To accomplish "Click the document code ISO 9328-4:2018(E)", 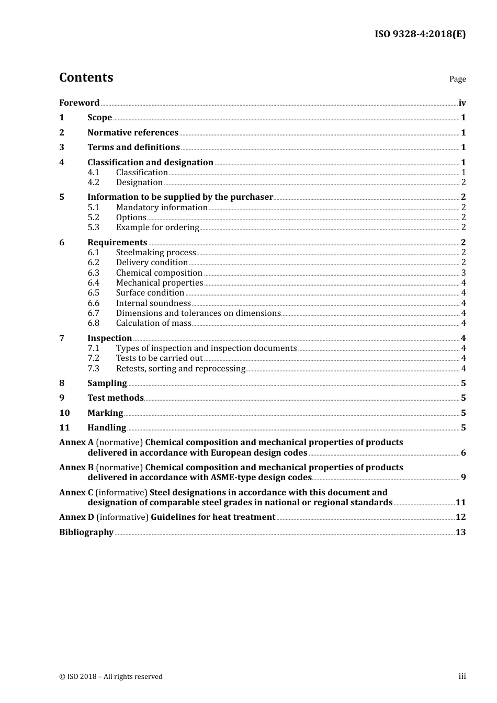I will pyautogui.click(x=420, y=35).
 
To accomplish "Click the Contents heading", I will pyautogui.click(x=86, y=77).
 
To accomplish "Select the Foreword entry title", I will pyautogui.click(x=79, y=103).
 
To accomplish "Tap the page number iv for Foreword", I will pyautogui.click(x=462, y=103).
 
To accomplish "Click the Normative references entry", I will pyautogui.click(x=133, y=133).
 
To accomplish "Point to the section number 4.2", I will pyautogui.click(x=93, y=183).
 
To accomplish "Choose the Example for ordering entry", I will pyautogui.click(x=157, y=228).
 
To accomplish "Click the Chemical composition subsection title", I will pyautogui.click(x=159, y=273).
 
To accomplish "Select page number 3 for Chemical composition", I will pyautogui.click(x=464, y=273).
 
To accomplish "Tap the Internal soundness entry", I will pyautogui.click(x=153, y=303).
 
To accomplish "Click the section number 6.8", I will pyautogui.click(x=93, y=323).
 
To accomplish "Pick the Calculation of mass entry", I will pyautogui.click(x=154, y=323).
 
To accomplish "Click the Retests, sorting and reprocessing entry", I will pyautogui.click(x=180, y=369).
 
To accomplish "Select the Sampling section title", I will pyautogui.click(x=107, y=383).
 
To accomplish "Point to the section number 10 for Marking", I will pyautogui.click(x=64, y=413).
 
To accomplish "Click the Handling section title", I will pyautogui.click(x=107, y=428).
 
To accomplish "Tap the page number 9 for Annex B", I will pyautogui.click(x=464, y=478).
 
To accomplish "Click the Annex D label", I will pyautogui.click(x=76, y=517).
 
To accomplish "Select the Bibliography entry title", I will pyautogui.click(x=86, y=532).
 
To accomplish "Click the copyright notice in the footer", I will pyautogui.click(x=111, y=677).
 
